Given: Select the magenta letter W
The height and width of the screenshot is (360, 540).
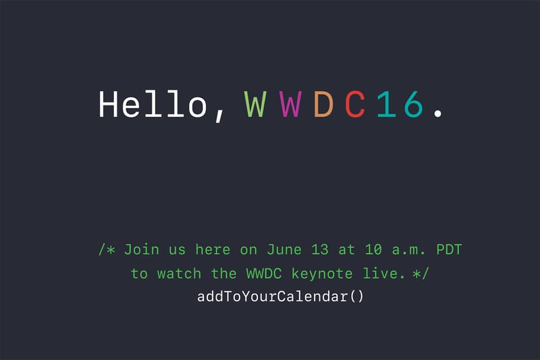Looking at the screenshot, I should point(290,105).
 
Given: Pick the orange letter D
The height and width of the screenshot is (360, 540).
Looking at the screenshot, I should point(324,105).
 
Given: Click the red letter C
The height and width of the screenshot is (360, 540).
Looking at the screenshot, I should point(356,105).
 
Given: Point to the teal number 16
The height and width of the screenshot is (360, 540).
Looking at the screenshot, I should point(400,105).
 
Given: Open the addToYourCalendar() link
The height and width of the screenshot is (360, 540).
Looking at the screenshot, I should point(279,297).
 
